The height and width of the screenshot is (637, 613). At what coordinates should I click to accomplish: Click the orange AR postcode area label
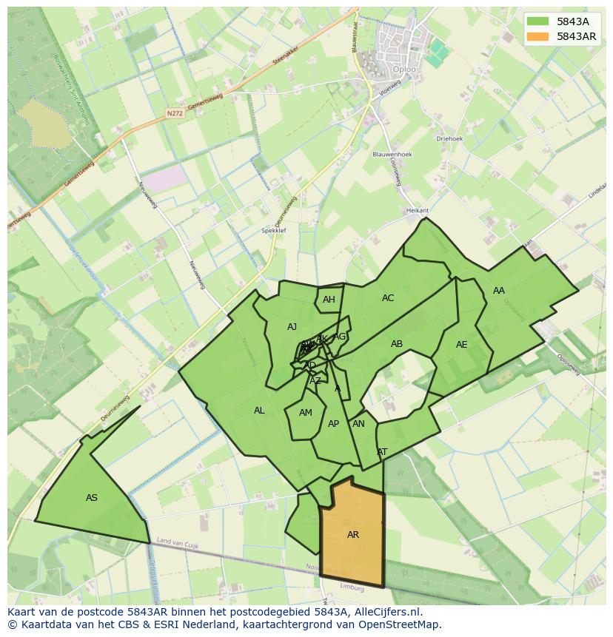(353, 534)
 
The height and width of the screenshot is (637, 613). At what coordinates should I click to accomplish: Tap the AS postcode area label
(92, 498)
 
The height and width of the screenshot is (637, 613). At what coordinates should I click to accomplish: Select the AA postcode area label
(499, 291)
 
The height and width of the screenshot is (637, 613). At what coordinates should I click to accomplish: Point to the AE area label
(462, 345)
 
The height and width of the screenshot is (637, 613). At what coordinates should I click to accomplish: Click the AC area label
(388, 298)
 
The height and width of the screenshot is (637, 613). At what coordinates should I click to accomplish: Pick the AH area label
(329, 300)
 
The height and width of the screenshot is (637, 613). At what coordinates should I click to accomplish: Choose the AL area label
(259, 411)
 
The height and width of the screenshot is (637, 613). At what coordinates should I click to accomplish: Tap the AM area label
(306, 413)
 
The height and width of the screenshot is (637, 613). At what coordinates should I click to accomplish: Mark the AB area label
(397, 344)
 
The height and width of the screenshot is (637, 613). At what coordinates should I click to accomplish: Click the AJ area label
(292, 327)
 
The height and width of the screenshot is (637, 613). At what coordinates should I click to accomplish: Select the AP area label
(333, 424)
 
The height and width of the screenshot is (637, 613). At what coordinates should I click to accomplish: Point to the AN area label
(358, 424)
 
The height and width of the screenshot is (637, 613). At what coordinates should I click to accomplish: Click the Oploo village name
(404, 70)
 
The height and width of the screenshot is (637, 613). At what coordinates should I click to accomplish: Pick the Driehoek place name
(449, 138)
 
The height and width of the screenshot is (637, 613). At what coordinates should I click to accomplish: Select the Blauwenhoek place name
(392, 155)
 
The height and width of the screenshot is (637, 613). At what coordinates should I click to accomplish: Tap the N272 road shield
(174, 113)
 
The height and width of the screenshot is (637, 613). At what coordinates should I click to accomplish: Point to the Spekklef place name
(274, 231)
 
